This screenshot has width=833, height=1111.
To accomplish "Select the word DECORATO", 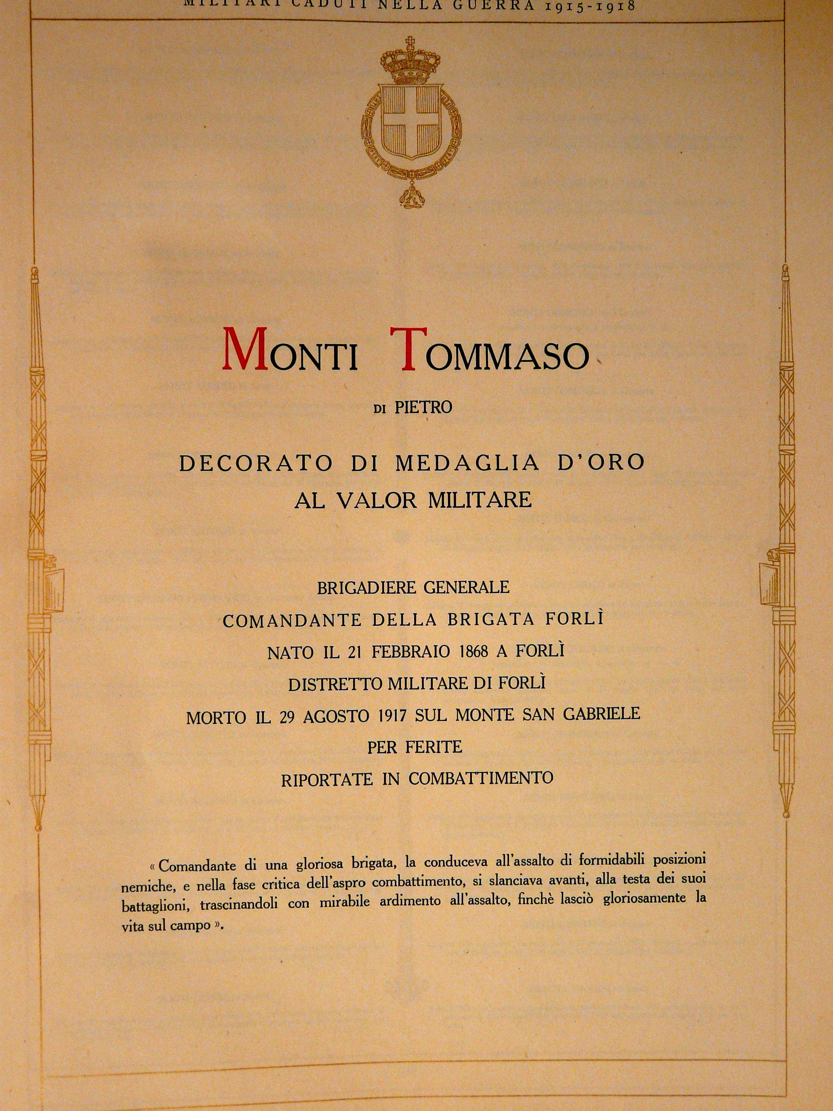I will tap(256, 463).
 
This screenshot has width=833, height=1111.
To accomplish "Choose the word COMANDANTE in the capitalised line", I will tap(292, 621).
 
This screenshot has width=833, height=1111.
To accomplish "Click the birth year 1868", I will tap(473, 652).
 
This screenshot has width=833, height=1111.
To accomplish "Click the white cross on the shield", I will tap(411, 123).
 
